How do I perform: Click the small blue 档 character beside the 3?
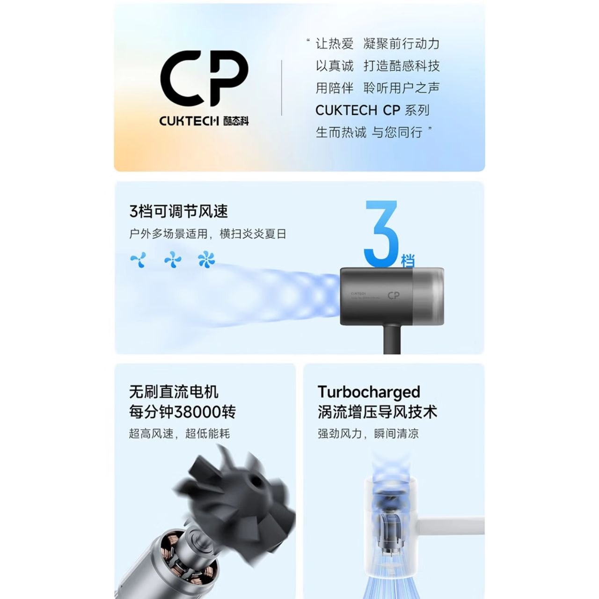408,261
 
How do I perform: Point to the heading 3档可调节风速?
179,212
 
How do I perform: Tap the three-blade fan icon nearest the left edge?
139,260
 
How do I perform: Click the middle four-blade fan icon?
173,260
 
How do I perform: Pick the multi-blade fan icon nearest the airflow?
206,259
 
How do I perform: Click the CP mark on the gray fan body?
394,295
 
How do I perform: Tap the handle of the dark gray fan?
392,339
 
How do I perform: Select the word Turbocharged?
369,392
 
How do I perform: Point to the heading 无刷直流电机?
174,392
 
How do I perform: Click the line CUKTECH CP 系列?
373,110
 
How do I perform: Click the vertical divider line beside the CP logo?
282,88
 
